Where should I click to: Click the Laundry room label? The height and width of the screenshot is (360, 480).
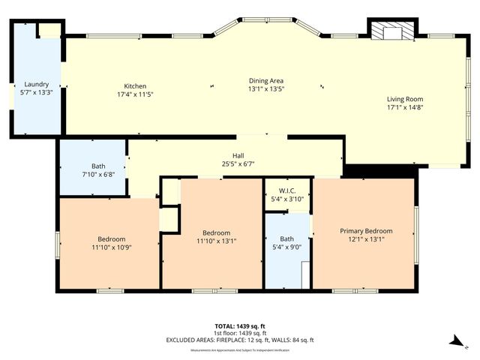(x=36, y=84)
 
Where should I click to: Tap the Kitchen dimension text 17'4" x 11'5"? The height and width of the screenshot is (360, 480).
(x=136, y=94)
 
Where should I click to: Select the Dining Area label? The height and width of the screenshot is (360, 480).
(x=266, y=80)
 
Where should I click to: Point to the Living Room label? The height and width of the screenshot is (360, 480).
(x=405, y=99)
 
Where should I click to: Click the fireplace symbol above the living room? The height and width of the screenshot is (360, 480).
(x=390, y=31)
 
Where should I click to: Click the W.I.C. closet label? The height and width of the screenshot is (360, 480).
(x=286, y=190)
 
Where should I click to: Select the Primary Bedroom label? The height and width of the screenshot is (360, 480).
(x=365, y=231)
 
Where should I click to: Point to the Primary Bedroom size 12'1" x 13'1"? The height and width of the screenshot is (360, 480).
(x=365, y=240)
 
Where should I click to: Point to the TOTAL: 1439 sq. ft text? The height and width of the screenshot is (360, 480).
(x=240, y=325)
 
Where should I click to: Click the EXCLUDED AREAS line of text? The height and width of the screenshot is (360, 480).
(x=240, y=340)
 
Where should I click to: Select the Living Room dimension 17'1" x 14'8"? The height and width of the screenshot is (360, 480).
(x=405, y=108)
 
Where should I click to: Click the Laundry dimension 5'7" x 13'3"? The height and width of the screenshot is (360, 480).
(x=36, y=93)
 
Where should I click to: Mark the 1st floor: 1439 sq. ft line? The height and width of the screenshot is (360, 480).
(x=240, y=333)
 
